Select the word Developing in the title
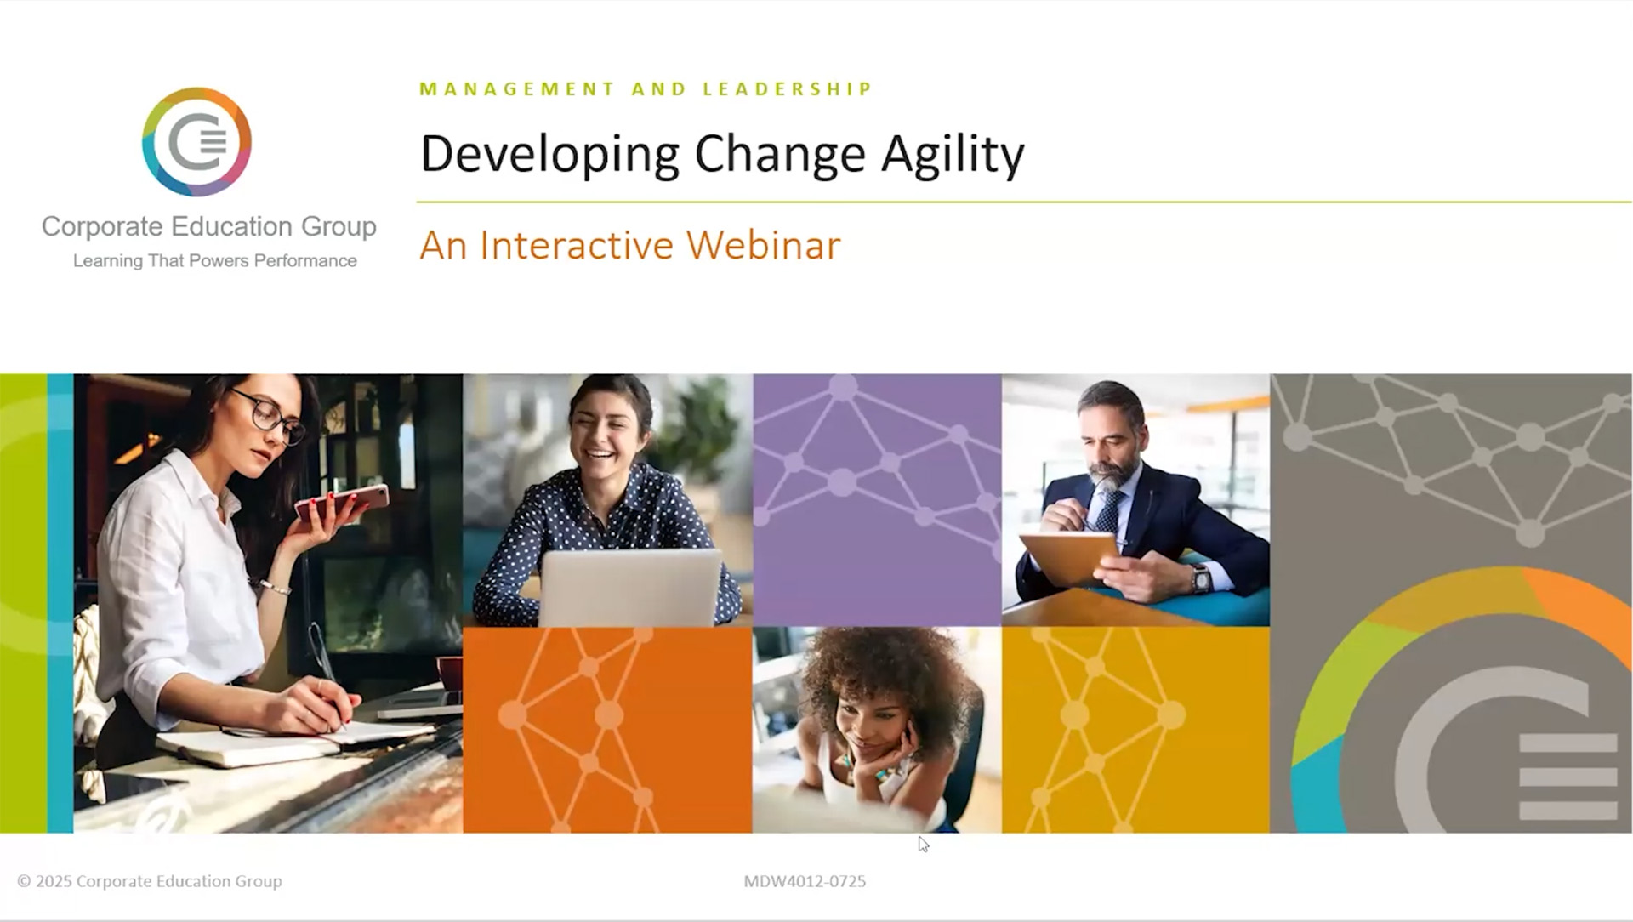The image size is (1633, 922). (549, 154)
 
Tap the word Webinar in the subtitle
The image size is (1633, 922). (763, 246)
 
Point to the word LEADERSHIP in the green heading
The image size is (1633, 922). (788, 89)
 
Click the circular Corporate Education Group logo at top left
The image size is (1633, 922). (196, 142)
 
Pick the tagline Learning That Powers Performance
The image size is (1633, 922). (214, 261)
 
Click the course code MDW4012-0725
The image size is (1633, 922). (805, 881)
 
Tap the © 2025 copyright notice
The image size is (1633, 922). (150, 881)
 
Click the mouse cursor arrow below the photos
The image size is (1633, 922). (923, 844)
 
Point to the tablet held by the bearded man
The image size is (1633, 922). (1068, 556)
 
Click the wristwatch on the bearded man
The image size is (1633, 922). (1200, 578)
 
